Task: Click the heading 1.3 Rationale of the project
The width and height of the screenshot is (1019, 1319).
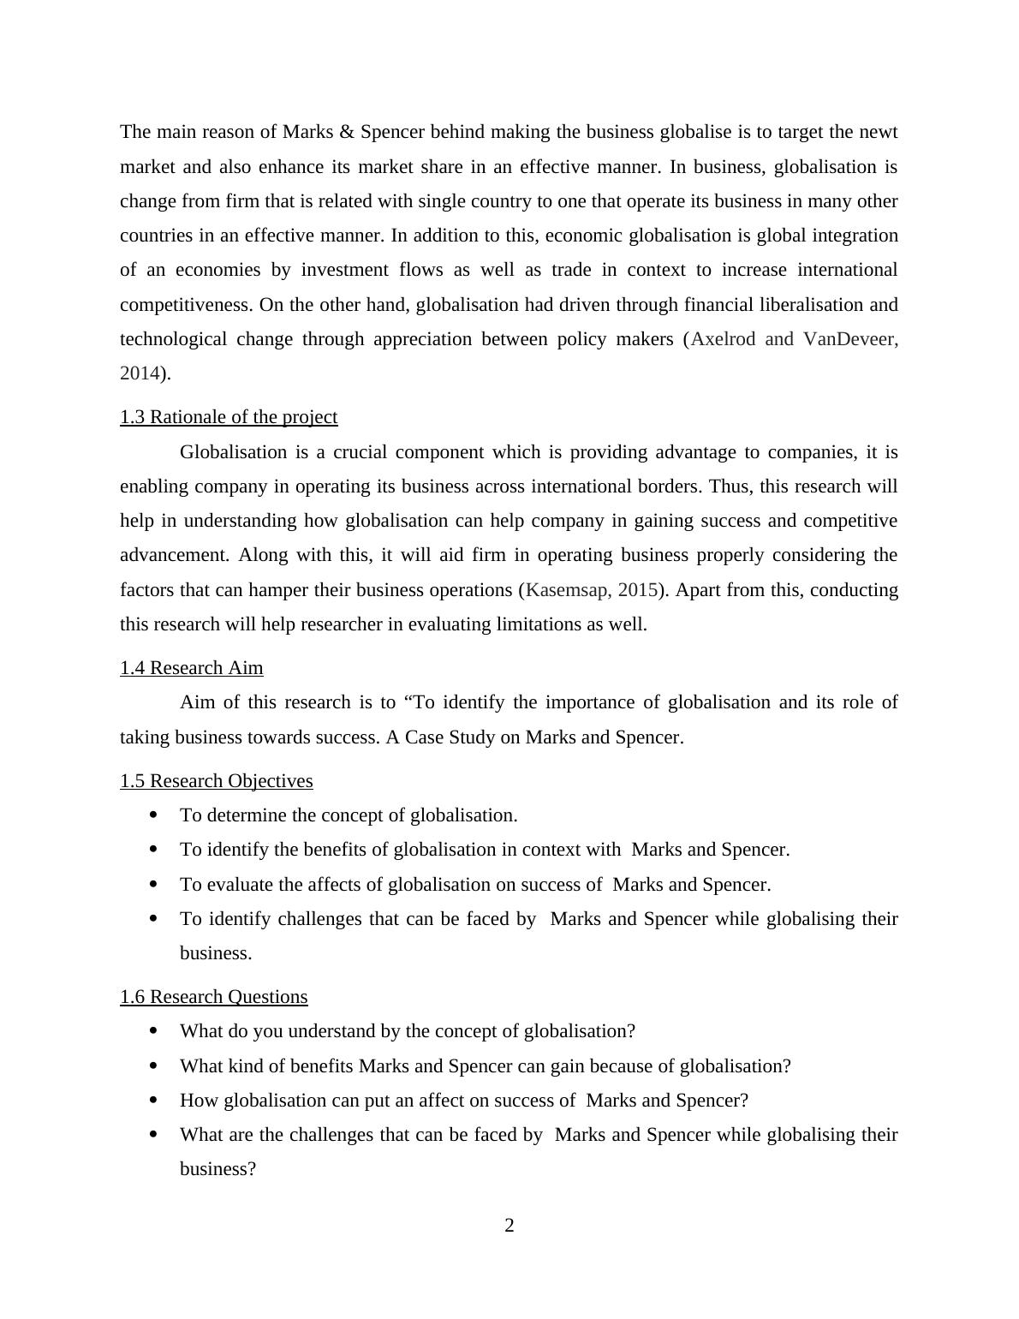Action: tap(229, 417)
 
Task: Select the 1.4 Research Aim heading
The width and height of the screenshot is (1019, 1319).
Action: tap(191, 668)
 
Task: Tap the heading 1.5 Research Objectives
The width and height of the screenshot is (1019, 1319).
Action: tap(216, 781)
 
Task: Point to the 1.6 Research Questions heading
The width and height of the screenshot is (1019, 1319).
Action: tap(213, 997)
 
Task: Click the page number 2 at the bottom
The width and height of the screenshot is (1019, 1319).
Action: tap(509, 1226)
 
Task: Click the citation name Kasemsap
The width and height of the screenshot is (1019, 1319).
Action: tap(566, 590)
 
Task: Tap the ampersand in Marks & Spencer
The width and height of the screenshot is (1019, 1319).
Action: tap(347, 132)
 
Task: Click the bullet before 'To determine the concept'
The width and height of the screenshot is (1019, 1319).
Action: tap(154, 815)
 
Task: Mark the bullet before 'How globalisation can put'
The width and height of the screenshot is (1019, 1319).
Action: tap(154, 1100)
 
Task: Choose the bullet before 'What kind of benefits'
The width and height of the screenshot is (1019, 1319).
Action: tap(154, 1065)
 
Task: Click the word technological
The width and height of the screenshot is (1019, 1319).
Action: tap(173, 339)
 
